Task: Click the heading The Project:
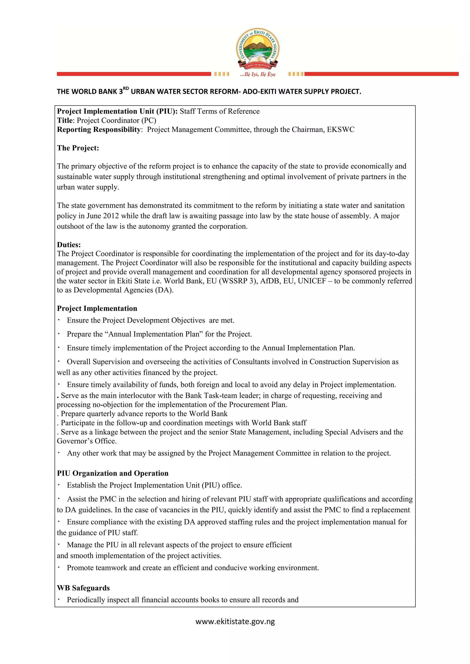click(78, 148)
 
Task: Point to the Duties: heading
click(69, 244)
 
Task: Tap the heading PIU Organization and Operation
click(112, 473)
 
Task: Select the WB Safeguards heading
click(83, 588)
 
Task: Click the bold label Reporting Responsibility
click(99, 129)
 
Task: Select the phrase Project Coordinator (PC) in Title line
click(116, 120)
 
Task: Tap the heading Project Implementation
click(97, 308)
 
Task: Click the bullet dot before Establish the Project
click(59, 485)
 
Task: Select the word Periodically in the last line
click(86, 600)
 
